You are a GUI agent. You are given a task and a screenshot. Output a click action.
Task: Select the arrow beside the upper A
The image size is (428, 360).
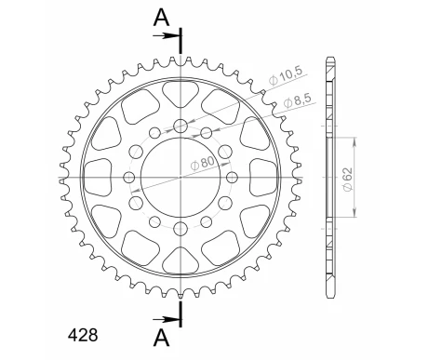pos(167,36)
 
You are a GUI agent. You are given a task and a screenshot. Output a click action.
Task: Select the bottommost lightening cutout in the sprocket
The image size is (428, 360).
pos(177,258)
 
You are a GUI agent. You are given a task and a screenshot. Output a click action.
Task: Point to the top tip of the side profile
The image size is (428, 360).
pos(329,60)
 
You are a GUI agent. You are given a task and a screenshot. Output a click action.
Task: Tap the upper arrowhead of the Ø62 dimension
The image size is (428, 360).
pos(354,140)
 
